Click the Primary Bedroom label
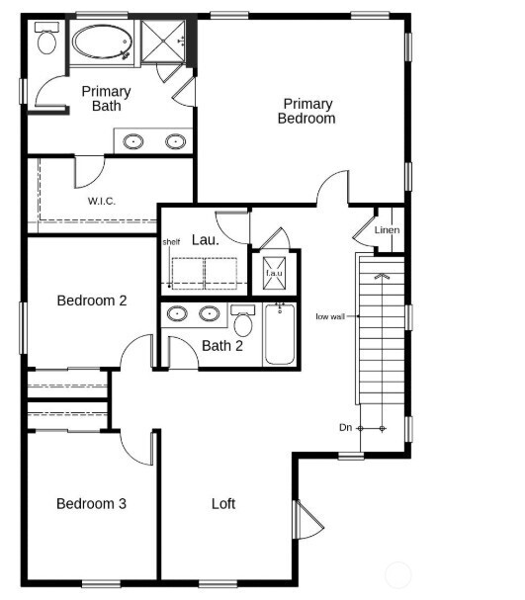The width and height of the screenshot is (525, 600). click(308, 111)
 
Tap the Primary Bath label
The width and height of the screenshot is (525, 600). click(106, 99)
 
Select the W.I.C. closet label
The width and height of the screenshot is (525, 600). click(102, 201)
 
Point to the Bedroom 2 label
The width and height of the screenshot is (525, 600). click(91, 300)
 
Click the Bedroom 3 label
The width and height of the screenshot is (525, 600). click(91, 503)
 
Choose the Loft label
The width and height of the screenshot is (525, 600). click(223, 503)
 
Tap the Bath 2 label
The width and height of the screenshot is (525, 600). click(222, 345)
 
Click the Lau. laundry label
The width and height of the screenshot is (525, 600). click(205, 239)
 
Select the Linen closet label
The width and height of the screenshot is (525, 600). click(388, 230)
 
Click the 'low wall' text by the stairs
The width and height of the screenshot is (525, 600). click(330, 316)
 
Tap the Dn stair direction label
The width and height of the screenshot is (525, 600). click(345, 427)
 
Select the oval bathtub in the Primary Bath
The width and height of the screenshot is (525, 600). click(101, 43)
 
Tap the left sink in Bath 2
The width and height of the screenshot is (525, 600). click(178, 314)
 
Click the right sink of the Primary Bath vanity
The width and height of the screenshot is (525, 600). click(175, 140)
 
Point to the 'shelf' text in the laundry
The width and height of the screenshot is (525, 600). click(171, 241)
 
